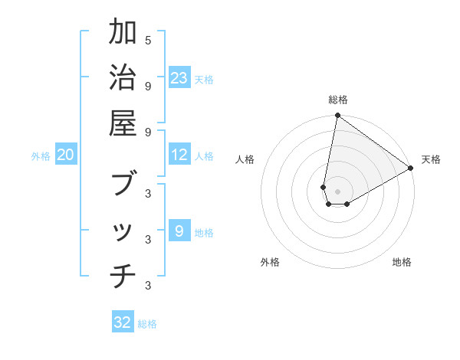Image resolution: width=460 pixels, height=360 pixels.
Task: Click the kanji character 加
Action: pyautogui.click(x=123, y=34)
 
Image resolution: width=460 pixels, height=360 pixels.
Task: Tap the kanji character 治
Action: pyautogui.click(x=123, y=79)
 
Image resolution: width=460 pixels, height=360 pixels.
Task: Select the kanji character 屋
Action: pyautogui.click(x=123, y=123)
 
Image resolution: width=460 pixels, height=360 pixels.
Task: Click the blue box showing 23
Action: pyautogui.click(x=179, y=78)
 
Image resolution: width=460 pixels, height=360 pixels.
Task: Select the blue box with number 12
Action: pyautogui.click(x=179, y=155)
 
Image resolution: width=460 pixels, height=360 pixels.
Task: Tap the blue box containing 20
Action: pyautogui.click(x=65, y=155)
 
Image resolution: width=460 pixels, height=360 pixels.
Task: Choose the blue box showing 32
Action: pyautogui.click(x=123, y=322)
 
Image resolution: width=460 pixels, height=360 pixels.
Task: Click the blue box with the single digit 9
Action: pyautogui.click(x=179, y=231)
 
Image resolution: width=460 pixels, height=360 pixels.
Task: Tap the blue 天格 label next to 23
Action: pyautogui.click(x=204, y=80)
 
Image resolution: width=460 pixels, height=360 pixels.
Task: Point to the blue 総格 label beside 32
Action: pyautogui.click(x=147, y=324)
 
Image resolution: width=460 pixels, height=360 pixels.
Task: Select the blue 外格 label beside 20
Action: pyautogui.click(x=41, y=156)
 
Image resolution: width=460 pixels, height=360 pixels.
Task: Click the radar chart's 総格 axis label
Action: pyautogui.click(x=337, y=100)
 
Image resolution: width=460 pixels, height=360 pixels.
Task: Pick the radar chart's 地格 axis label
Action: pyautogui.click(x=402, y=262)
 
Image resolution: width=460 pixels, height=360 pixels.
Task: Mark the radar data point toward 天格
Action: pyautogui.click(x=411, y=169)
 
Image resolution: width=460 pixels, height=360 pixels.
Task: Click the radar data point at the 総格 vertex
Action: pyautogui.click(x=337, y=116)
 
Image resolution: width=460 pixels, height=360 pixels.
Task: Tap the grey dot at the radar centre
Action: pyautogui.click(x=337, y=191)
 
